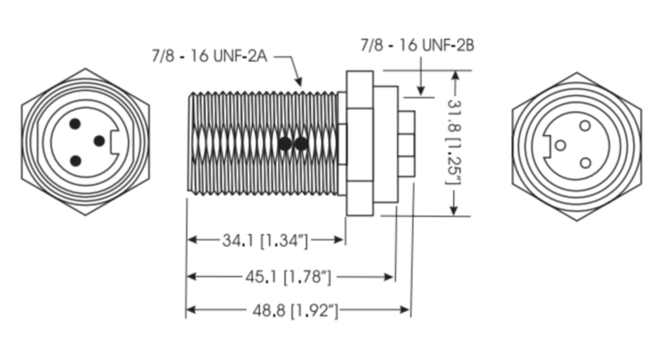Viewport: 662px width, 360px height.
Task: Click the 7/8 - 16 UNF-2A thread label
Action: point(210,56)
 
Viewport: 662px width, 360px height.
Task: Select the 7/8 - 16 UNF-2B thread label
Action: point(417,45)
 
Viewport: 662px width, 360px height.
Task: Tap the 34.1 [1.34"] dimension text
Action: point(265,240)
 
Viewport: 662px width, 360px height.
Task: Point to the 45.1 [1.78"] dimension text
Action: point(288,277)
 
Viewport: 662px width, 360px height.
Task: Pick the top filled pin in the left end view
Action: point(75,123)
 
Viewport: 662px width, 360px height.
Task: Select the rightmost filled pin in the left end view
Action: point(99,141)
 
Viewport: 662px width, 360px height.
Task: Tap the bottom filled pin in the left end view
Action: point(76,161)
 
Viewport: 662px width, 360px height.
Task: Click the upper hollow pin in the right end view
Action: point(585,126)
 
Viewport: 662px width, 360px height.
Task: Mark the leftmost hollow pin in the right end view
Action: point(560,146)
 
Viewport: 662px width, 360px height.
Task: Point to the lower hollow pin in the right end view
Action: point(585,163)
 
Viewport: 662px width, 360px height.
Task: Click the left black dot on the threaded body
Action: point(285,143)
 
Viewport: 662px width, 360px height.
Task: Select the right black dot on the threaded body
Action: point(301,143)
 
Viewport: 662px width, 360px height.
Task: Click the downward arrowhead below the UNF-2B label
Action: point(421,90)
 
